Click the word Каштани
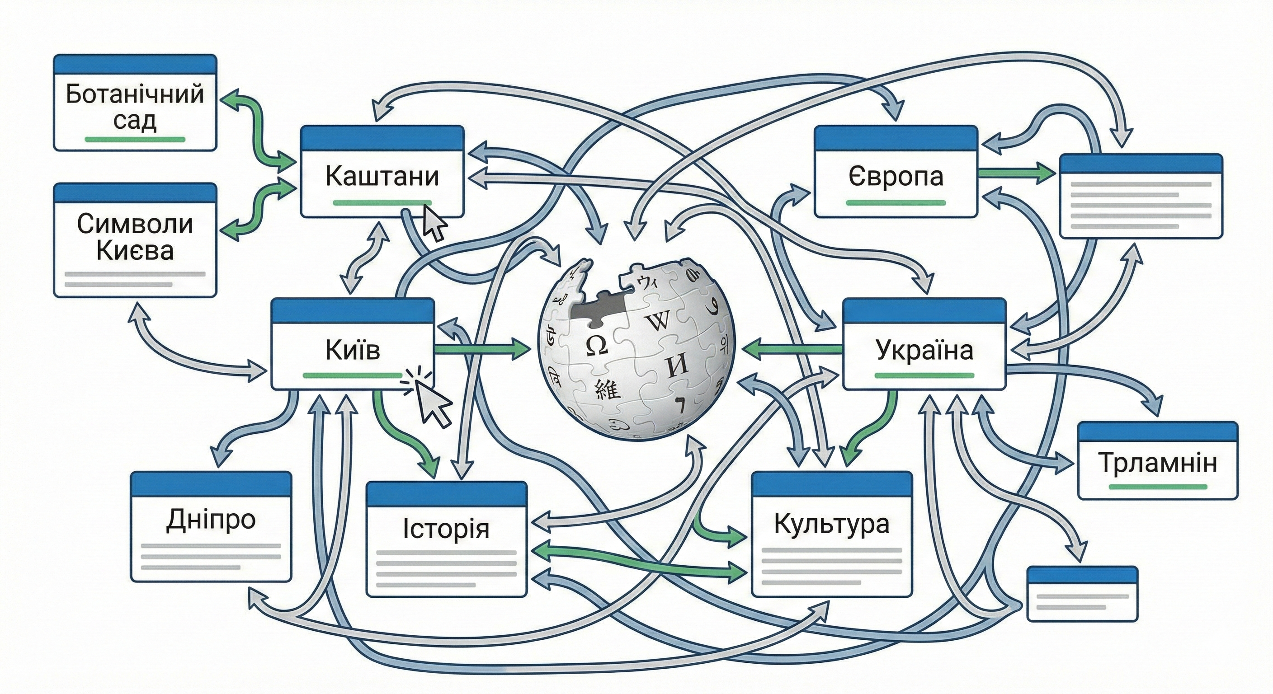pyautogui.click(x=382, y=176)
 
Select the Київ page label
pyautogui.click(x=352, y=350)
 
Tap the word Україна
pyautogui.click(x=924, y=350)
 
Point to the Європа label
pyautogui.click(x=896, y=176)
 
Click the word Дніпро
pyautogui.click(x=211, y=520)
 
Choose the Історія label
pyautogui.click(x=446, y=529)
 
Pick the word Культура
pyautogui.click(x=831, y=524)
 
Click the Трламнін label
pyautogui.click(x=1157, y=463)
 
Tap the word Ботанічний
pyautogui.click(x=134, y=94)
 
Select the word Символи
pyautogui.click(x=134, y=224)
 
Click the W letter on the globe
pyautogui.click(x=658, y=321)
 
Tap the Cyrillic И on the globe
pyautogui.click(x=677, y=366)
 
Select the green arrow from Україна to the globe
pyautogui.click(x=791, y=350)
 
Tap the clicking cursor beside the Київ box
pyautogui.click(x=432, y=403)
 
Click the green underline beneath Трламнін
pyautogui.click(x=1157, y=487)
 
